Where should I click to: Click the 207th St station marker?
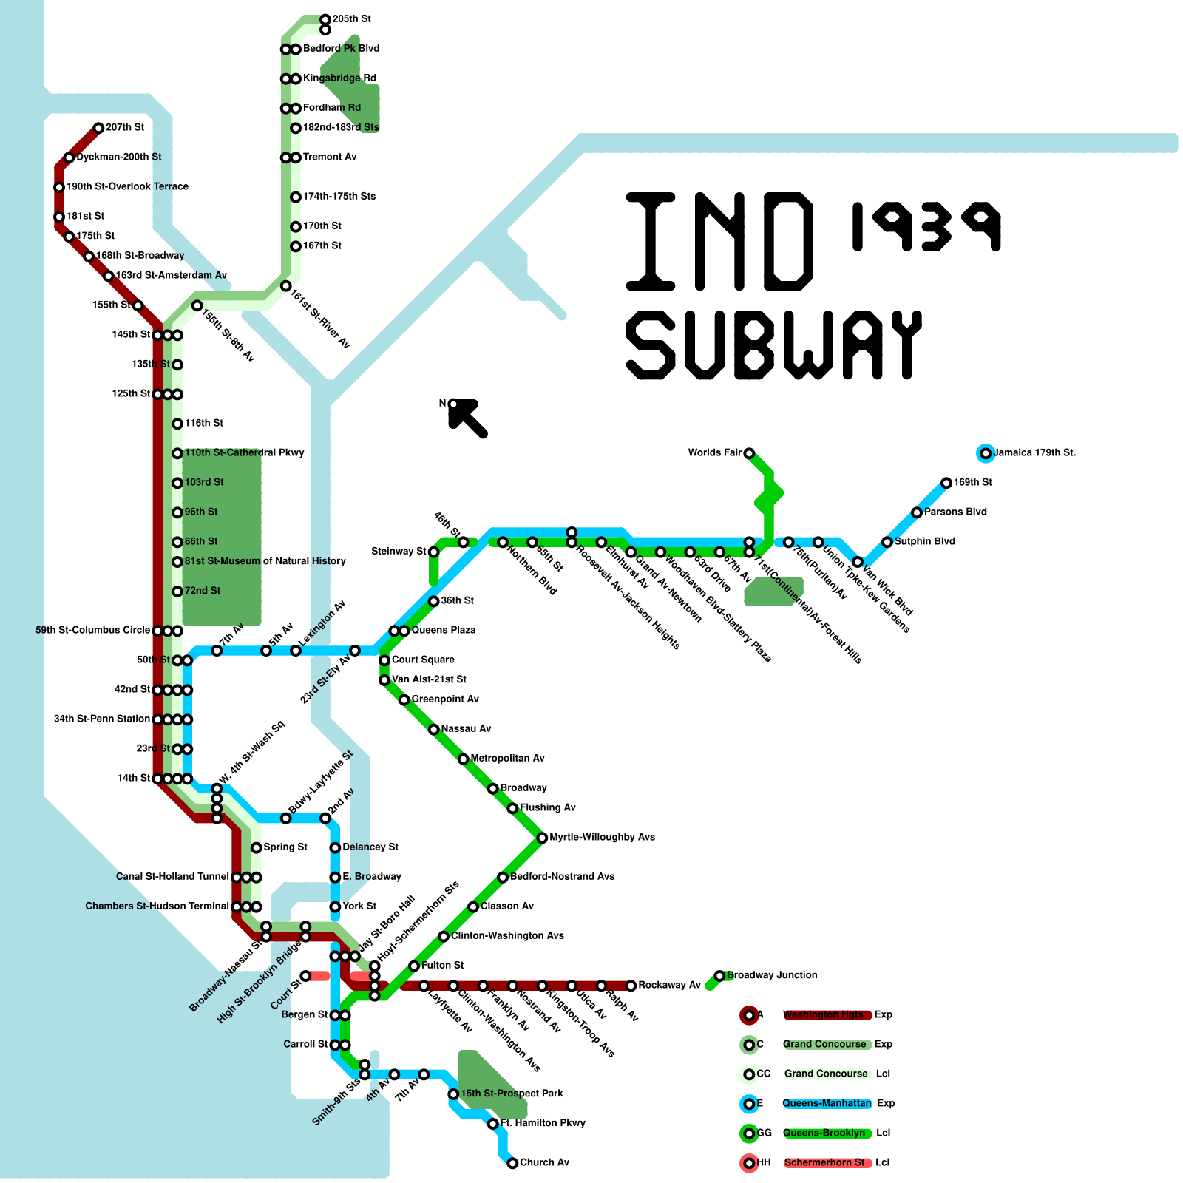(x=98, y=128)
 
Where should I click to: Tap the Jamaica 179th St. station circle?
(x=985, y=453)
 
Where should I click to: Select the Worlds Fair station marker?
(x=749, y=453)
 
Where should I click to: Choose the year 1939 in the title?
(x=926, y=226)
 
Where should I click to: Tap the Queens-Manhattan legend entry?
(x=827, y=1103)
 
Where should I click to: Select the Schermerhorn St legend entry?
(x=824, y=1162)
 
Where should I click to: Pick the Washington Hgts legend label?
(x=823, y=1014)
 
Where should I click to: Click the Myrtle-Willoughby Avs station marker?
(x=542, y=838)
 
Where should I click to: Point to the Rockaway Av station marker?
(x=631, y=986)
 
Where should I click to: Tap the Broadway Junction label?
(x=772, y=975)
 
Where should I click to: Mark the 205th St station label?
(x=352, y=18)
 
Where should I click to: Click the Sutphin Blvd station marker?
(x=887, y=542)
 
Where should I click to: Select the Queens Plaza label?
(x=444, y=630)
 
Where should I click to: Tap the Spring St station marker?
(x=256, y=847)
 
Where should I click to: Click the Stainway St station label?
(x=399, y=551)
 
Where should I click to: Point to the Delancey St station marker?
(x=335, y=847)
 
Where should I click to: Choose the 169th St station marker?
(x=946, y=483)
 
